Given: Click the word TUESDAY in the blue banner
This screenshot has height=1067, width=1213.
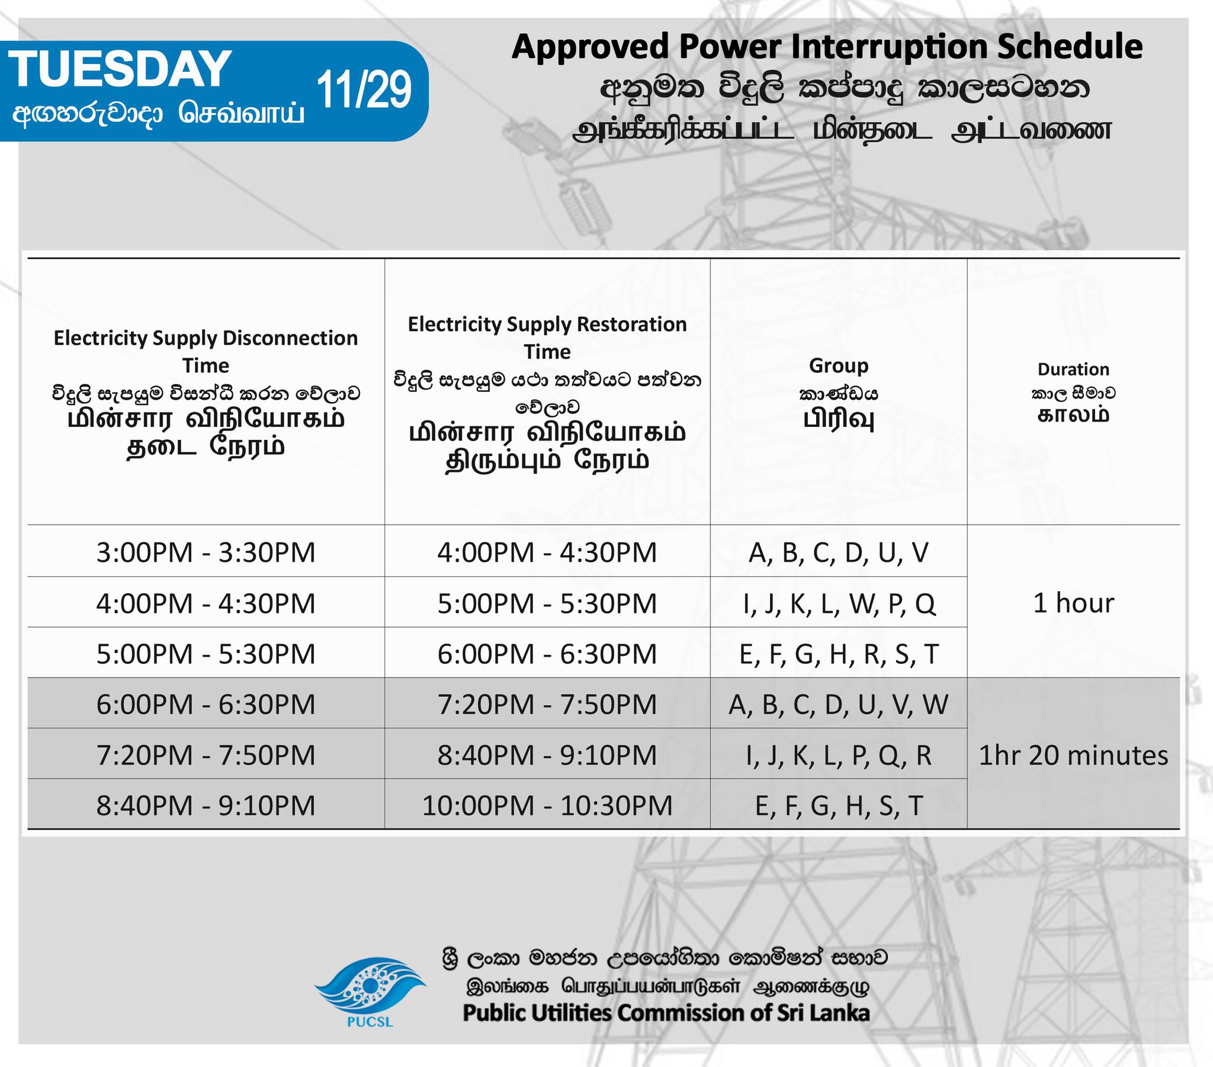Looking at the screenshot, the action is tap(119, 69).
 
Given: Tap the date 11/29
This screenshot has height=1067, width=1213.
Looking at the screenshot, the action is tap(364, 89).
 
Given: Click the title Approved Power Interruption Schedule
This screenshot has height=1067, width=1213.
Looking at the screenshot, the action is tap(827, 47).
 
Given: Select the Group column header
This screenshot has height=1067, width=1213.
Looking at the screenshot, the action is tap(839, 365).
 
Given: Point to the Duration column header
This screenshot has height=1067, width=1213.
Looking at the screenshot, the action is tap(1073, 369).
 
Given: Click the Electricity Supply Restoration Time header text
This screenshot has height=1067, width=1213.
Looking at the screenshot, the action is tap(547, 338).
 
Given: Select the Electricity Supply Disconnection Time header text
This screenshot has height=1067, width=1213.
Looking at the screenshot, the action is tap(206, 351).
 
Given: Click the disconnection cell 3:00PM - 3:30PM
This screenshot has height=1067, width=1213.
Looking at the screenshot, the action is tap(206, 552).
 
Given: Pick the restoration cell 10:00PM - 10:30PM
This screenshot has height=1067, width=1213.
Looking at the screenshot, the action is tap(547, 805).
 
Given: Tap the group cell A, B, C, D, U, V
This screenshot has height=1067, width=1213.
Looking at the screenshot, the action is tap(839, 553).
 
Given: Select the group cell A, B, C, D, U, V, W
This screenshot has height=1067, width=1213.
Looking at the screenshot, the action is tap(839, 705).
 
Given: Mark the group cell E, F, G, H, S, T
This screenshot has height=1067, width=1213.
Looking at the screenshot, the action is tap(839, 806).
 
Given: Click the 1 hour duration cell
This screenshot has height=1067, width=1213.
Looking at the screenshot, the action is tap(1074, 603).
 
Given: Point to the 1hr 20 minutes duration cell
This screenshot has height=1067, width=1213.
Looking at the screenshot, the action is tap(1074, 756).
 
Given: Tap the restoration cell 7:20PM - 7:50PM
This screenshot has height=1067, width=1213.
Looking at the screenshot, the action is tap(547, 705).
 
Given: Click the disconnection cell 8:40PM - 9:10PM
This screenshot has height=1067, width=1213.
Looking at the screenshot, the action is tap(206, 805).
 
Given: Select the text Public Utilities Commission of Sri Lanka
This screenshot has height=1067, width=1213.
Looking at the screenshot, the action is tap(666, 1013).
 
